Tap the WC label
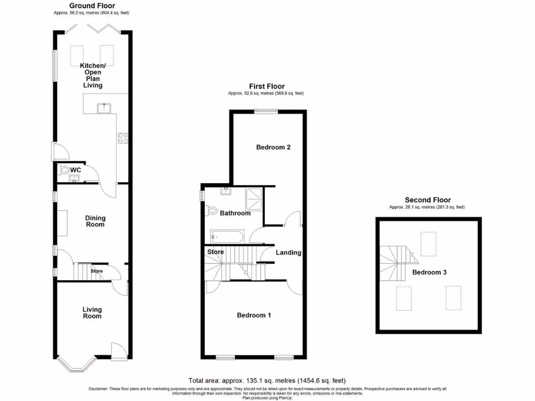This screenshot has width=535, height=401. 76,170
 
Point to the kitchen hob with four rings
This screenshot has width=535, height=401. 124,138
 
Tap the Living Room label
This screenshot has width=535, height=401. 92,313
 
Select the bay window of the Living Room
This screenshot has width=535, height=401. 76,365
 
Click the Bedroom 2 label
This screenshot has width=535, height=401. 273,147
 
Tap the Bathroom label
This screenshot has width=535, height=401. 235,213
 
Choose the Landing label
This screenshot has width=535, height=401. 288,253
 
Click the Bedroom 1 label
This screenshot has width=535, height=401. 254,315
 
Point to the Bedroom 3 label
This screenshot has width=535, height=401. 429,273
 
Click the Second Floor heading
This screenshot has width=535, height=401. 427,200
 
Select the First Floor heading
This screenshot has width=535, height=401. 266,86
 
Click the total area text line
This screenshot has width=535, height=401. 266,381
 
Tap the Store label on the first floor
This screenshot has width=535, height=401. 216,252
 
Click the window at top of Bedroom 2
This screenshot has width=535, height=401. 266,110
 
